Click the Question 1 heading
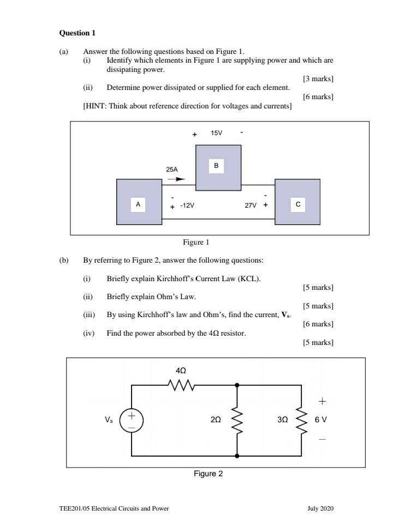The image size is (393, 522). (77, 33)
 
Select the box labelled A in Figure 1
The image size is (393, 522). (139, 202)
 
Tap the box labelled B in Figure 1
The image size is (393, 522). (218, 168)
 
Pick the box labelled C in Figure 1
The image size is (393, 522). (297, 202)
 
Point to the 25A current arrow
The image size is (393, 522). (176, 179)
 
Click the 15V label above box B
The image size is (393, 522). (216, 133)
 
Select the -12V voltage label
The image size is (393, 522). (187, 205)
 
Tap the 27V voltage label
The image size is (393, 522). (251, 205)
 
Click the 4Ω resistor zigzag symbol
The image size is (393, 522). (181, 385)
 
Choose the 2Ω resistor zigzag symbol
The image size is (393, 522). (237, 420)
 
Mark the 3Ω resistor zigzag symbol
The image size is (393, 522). (302, 420)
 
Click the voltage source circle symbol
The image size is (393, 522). (132, 421)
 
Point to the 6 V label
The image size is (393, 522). (320, 420)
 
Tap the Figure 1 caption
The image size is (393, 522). (196, 242)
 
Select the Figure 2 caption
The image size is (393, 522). (208, 474)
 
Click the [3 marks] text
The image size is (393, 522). (318, 78)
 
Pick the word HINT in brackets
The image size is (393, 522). (96, 106)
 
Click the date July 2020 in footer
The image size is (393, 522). (320, 508)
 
